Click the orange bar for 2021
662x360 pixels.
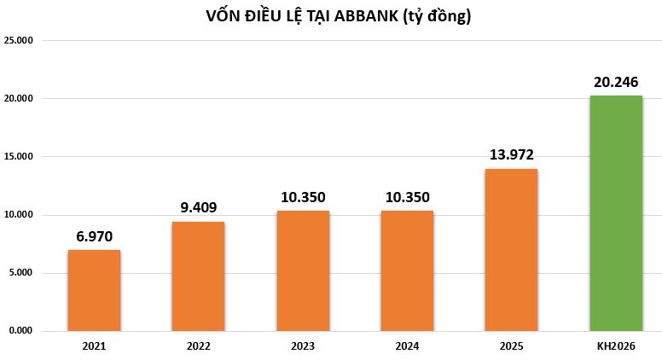pos(94,290)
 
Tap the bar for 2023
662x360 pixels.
pos(303,270)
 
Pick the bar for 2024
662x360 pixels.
pos(407,270)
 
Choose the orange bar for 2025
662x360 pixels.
pos(511,249)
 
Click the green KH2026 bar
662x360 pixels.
pos(616,212)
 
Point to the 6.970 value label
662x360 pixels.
pos(94,235)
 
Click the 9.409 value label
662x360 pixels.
pos(198,207)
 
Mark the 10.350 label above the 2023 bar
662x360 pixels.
pos(303,196)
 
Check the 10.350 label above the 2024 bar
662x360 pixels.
pos(407,196)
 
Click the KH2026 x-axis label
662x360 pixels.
pos(616,346)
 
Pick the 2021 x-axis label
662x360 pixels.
pos(94,346)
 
